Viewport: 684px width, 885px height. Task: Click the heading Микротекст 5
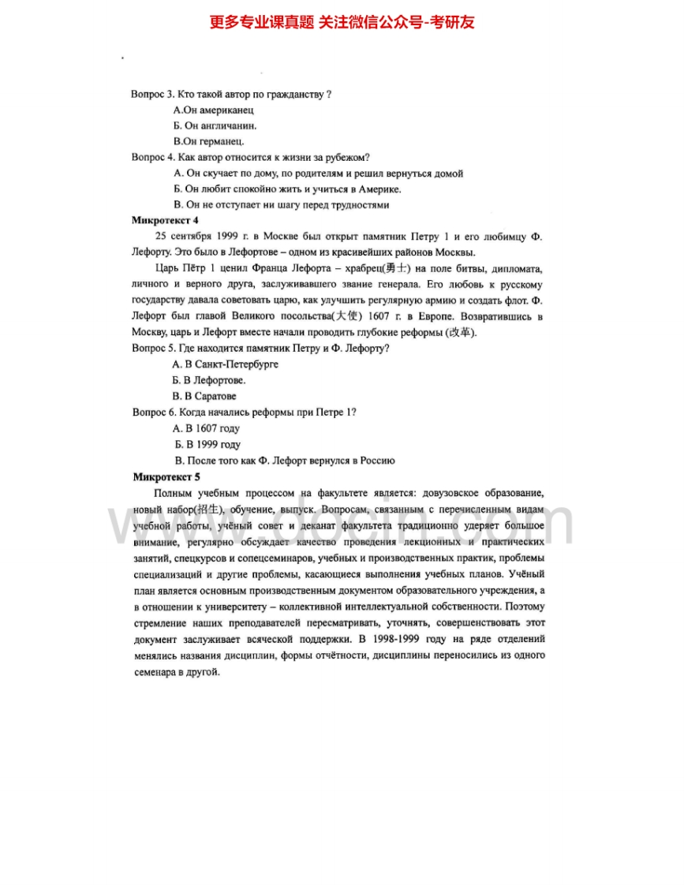pos(166,476)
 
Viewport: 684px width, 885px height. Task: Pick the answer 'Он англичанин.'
pos(215,125)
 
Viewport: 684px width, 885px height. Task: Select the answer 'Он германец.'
pos(209,142)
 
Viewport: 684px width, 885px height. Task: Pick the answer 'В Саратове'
pos(204,396)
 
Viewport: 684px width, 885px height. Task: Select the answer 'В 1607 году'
pos(206,428)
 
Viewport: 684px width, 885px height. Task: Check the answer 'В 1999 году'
pos(207,445)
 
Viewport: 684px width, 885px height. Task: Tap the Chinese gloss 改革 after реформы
pos(461,332)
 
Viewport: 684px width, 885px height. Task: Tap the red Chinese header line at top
pos(342,22)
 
